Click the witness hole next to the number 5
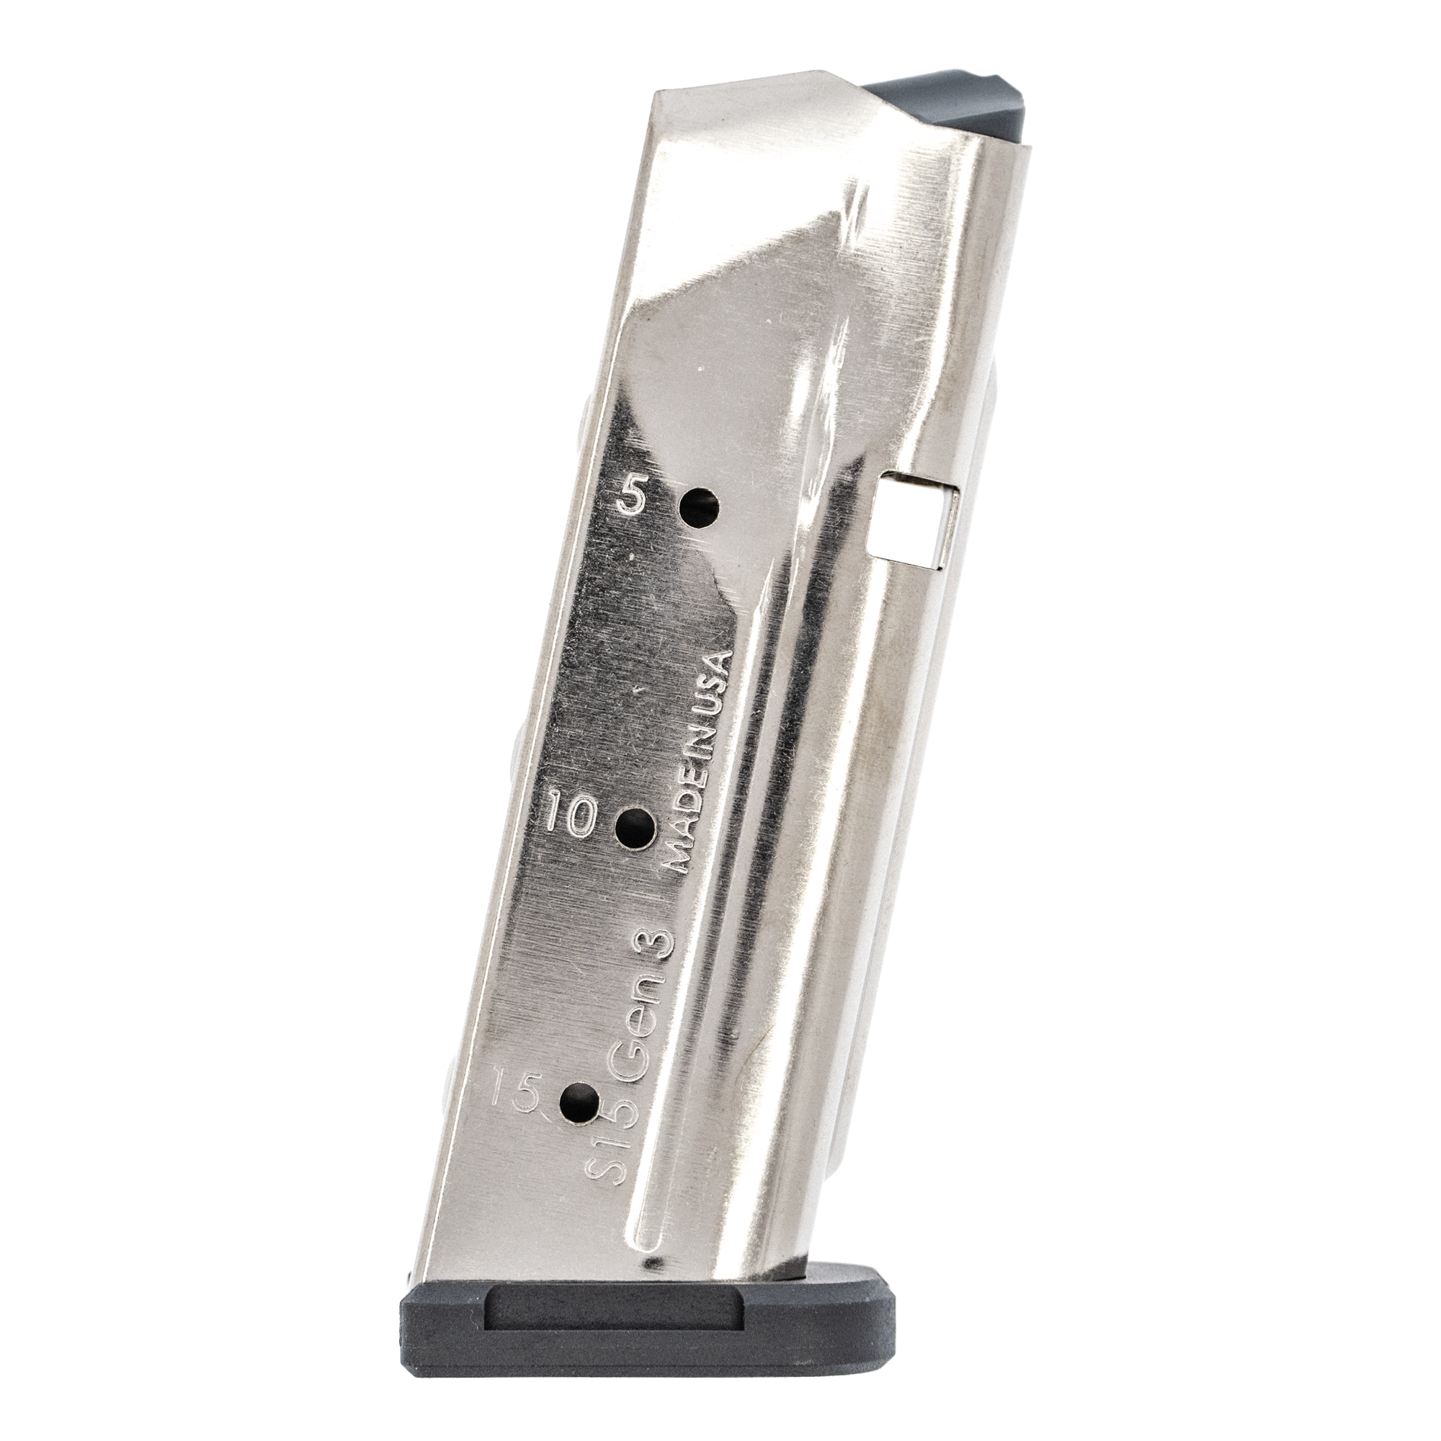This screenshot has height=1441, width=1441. (x=701, y=509)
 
